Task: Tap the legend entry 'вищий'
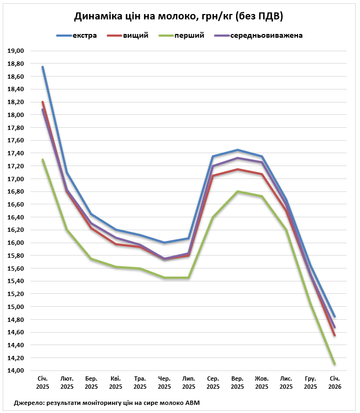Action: [x=136, y=36]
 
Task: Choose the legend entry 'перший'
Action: [x=189, y=36]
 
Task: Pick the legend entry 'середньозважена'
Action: [x=266, y=36]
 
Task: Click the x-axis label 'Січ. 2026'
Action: [x=335, y=383]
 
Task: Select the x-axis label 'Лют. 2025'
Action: [x=67, y=383]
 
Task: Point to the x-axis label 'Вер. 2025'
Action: [x=237, y=383]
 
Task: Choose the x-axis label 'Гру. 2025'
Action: [x=310, y=383]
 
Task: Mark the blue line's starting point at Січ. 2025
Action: [x=43, y=67]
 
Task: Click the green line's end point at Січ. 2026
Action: [x=335, y=364]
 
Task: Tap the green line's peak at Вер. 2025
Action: [x=237, y=191]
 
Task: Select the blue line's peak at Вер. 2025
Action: [x=237, y=150]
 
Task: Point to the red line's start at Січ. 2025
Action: [x=43, y=102]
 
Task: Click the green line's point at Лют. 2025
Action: [x=67, y=230]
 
